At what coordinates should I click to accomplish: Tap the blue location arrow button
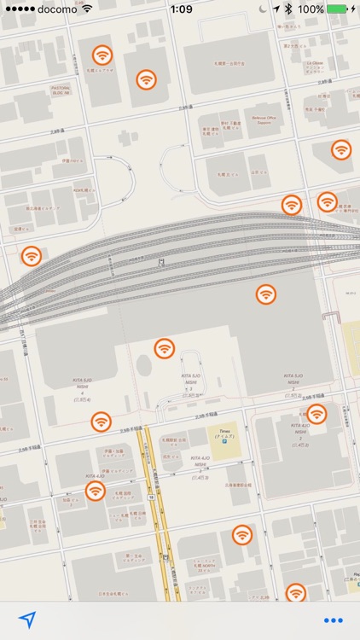(x=27, y=620)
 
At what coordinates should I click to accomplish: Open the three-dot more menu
(x=333, y=620)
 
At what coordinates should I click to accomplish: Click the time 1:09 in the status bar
(x=181, y=9)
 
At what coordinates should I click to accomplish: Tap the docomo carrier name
(x=57, y=9)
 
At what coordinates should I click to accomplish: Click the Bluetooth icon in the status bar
(x=288, y=9)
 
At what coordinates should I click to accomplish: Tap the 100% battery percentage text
(x=311, y=9)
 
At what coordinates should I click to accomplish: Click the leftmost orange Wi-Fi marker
(x=32, y=255)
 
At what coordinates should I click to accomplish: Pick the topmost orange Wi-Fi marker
(x=102, y=55)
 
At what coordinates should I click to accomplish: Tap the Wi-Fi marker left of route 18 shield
(x=96, y=491)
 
